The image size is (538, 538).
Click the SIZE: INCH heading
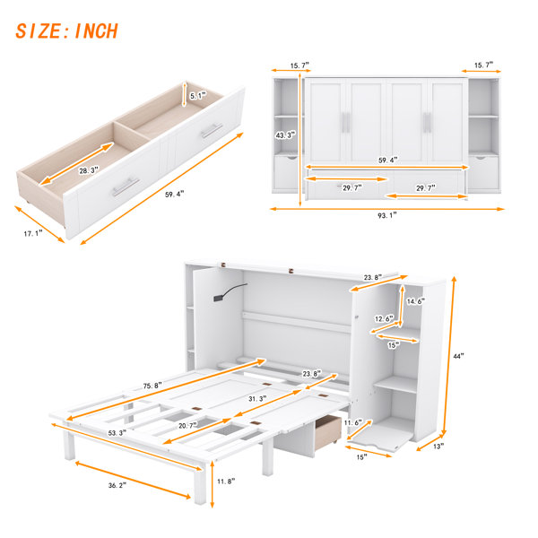click(x=67, y=31)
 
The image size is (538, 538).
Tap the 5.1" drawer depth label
click(x=198, y=96)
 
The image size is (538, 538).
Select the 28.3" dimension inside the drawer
click(x=89, y=169)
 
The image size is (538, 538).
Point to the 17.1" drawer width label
click(x=33, y=234)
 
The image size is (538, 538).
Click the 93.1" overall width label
click(x=387, y=215)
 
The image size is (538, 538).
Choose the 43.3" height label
click(x=285, y=135)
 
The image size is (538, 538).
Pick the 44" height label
click(x=458, y=356)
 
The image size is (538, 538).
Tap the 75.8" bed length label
click(x=152, y=386)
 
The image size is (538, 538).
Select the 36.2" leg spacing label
click(x=117, y=485)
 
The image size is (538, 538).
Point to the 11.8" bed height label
click(x=226, y=482)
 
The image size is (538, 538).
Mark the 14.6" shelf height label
click(x=416, y=301)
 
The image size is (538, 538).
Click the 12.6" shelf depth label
click(x=384, y=318)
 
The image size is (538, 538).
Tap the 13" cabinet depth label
click(x=438, y=446)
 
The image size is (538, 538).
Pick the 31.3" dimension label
click(x=257, y=399)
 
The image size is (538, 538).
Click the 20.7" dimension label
click(x=188, y=425)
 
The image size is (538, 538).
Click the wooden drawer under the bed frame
click(x=328, y=432)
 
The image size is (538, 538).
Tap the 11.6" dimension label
click(x=353, y=422)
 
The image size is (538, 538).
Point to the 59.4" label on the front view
click(x=388, y=160)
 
